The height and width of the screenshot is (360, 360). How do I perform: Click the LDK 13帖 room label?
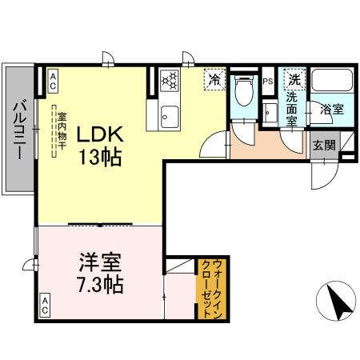pyautogui.click(x=99, y=146)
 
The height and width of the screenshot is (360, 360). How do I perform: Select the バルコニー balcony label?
pyautogui.click(x=18, y=129)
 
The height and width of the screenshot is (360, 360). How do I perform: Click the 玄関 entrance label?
pyautogui.click(x=324, y=146)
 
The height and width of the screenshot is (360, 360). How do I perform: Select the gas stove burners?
pyautogui.click(x=170, y=80)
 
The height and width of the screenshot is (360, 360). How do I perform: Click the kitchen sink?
pyautogui.click(x=170, y=114)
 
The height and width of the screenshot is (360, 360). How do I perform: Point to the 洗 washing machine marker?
pyautogui.click(x=294, y=79)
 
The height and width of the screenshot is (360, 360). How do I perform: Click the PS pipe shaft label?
pyautogui.click(x=268, y=80)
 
